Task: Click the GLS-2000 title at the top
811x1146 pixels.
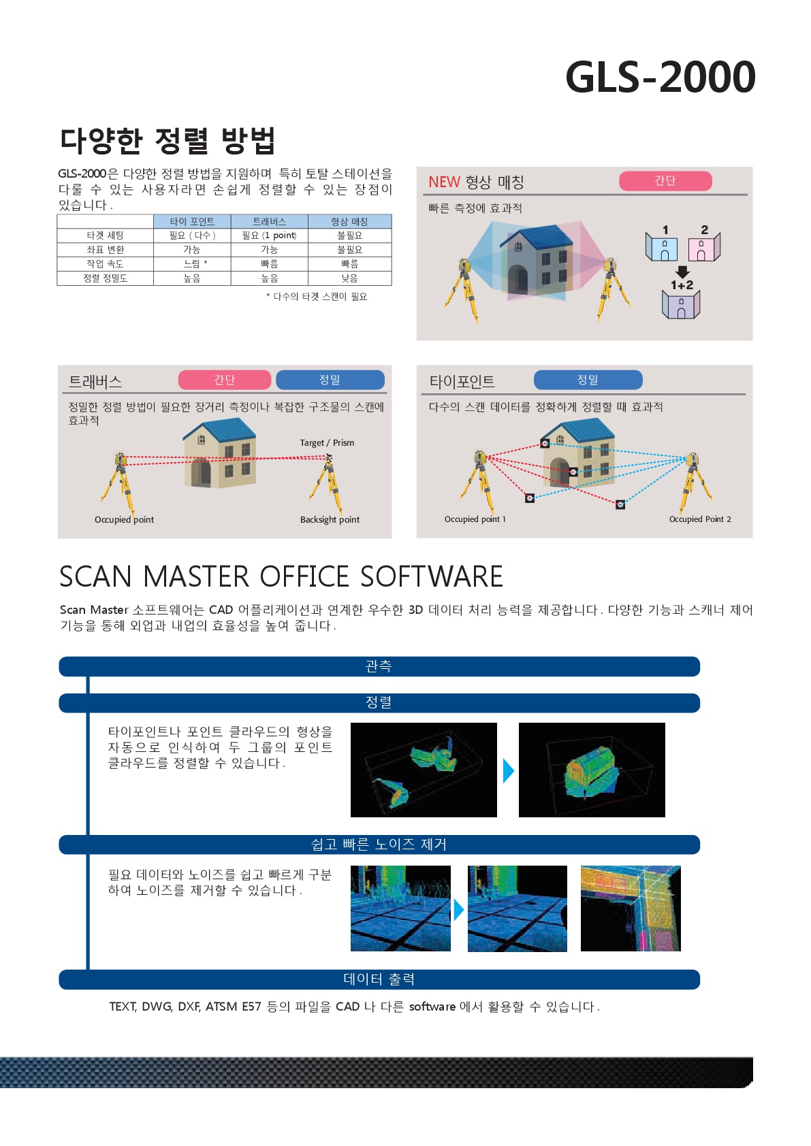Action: click(660, 77)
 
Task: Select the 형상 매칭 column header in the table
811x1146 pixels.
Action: click(349, 222)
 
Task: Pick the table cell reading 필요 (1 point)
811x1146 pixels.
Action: click(269, 235)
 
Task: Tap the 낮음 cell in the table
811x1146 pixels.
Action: click(349, 278)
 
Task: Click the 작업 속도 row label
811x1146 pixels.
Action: click(105, 263)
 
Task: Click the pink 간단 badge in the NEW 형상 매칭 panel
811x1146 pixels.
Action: click(665, 180)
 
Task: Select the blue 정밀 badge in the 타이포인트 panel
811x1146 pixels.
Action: click(588, 380)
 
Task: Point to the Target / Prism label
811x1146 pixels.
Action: click(327, 442)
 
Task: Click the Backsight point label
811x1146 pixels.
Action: click(330, 519)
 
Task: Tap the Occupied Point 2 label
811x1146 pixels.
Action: click(700, 519)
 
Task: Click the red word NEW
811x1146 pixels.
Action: click(444, 182)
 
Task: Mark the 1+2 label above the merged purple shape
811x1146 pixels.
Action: click(682, 285)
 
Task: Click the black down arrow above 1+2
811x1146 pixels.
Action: click(682, 272)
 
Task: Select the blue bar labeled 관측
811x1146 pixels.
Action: click(379, 666)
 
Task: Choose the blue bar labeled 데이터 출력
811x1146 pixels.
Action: click(379, 979)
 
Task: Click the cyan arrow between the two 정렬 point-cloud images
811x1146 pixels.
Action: click(508, 770)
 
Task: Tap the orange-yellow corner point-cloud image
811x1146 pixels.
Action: click(631, 908)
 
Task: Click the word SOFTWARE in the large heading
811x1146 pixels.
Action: click(432, 576)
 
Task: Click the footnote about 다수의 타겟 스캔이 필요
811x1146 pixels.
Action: click(317, 297)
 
